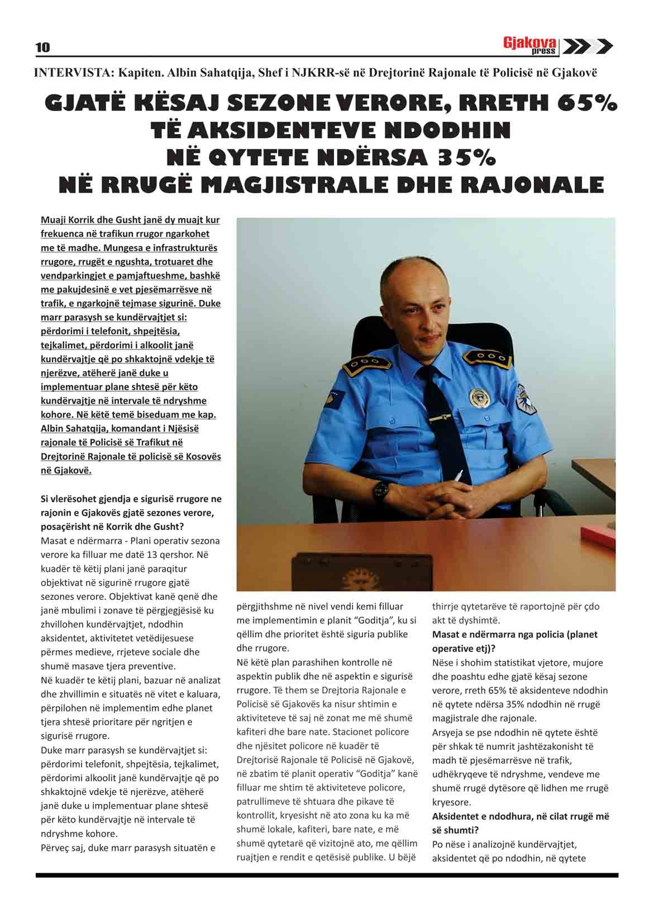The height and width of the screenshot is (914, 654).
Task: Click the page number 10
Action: (x=43, y=47)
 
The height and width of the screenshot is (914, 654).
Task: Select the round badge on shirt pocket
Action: (x=479, y=396)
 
